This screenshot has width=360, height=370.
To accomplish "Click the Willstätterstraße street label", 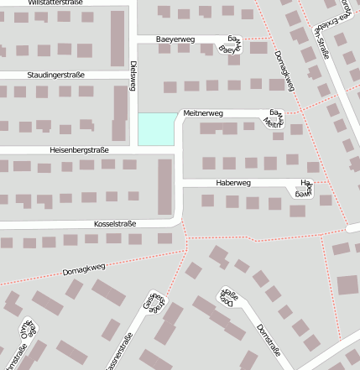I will click(x=55, y=3).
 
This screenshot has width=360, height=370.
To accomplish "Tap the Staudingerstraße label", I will click(x=56, y=76).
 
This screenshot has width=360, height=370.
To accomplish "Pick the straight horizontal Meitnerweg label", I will click(x=203, y=113).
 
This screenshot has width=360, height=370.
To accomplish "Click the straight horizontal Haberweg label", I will click(x=232, y=182).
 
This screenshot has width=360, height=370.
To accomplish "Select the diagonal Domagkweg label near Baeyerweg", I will click(x=284, y=70).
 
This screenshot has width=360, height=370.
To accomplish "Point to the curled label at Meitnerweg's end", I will click(x=273, y=118).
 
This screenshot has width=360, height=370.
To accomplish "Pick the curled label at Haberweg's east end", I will click(x=304, y=187).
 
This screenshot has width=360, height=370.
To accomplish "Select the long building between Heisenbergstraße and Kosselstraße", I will click(x=164, y=186).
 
